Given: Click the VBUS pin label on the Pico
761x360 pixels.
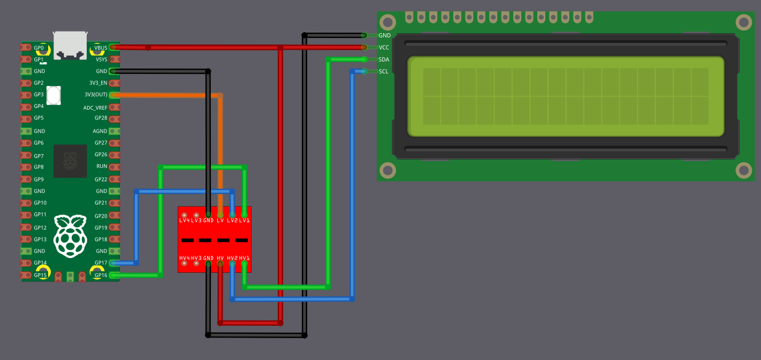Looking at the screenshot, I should (101, 48).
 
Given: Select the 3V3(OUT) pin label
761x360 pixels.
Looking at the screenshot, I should (96, 95).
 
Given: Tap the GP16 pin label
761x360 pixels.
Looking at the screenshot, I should (101, 275).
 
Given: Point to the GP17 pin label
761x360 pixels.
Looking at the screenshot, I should (101, 263).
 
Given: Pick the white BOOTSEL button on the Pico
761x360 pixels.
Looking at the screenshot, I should (54, 95).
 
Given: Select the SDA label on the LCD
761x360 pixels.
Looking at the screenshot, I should (384, 59).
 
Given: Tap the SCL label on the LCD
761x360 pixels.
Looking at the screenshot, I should (384, 71).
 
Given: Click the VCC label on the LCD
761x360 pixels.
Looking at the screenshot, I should (384, 47).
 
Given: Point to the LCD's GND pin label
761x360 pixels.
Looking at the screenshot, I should (384, 35).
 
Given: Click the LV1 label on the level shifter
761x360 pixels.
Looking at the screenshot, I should (244, 220).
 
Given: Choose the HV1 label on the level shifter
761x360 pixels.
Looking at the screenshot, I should (244, 258).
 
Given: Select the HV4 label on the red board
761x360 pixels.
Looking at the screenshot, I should (185, 258).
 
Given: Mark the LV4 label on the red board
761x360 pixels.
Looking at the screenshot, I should (185, 220).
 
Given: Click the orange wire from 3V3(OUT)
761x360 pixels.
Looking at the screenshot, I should (220, 150).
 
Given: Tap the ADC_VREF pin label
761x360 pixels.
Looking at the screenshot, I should (95, 108).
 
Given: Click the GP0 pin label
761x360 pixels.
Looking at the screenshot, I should (39, 48).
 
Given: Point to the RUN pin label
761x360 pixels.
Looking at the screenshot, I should (102, 166).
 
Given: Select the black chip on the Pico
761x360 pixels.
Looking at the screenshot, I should (70, 161).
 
